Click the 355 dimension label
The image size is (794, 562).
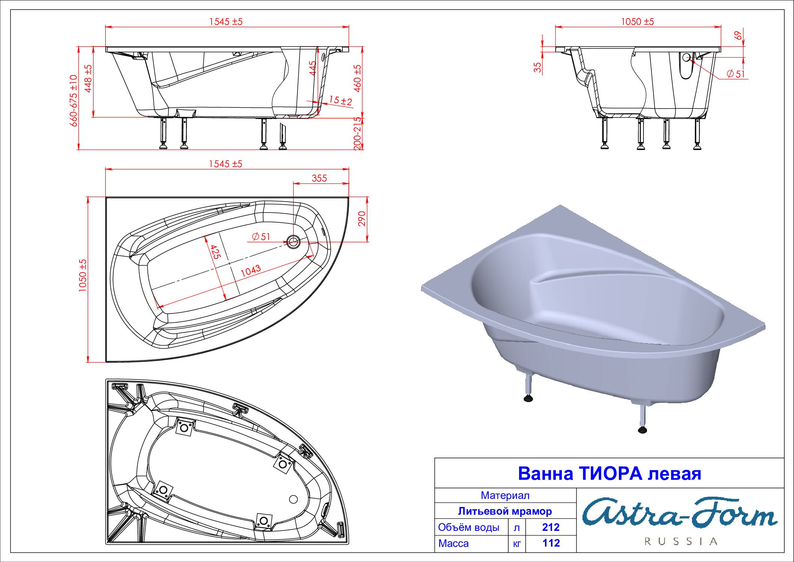click(x=319, y=178)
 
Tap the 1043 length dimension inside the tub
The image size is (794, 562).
click(x=250, y=271)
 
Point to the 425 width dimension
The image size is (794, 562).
click(x=215, y=252)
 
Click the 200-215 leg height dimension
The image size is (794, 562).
click(x=358, y=133)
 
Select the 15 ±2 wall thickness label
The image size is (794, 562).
click(x=341, y=100)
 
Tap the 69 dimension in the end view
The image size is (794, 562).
click(x=738, y=35)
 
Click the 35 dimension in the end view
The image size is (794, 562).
click(x=538, y=67)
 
